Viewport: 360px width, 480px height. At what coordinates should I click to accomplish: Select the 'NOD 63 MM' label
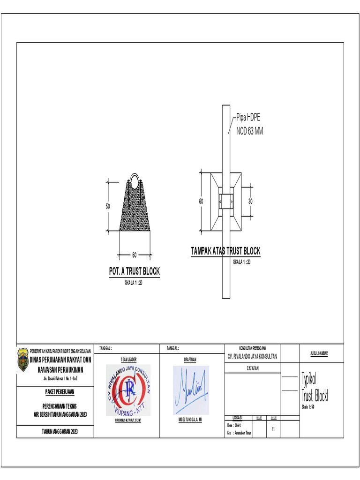coord(249,131)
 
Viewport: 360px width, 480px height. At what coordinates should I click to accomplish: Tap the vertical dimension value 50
coord(107,206)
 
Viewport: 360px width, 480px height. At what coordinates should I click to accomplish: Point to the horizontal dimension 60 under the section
coord(134,255)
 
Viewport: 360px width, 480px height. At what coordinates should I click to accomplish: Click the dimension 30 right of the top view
coord(250,201)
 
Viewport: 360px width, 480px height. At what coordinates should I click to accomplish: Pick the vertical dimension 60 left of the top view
coord(201,201)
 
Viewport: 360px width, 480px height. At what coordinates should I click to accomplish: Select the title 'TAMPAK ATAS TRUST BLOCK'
coord(225,251)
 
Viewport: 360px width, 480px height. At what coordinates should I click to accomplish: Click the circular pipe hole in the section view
coord(135,181)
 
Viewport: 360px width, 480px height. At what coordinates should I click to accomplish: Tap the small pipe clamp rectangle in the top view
coord(226,201)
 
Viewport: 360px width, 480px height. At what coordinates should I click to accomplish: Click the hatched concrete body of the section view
coord(135,211)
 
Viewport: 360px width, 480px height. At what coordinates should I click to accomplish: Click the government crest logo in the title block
coord(23,360)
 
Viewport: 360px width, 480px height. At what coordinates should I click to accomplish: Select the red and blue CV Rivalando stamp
coord(128,390)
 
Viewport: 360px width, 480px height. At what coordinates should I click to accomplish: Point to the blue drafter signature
coord(191,390)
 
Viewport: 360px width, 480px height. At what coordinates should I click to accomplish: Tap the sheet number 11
coord(272,429)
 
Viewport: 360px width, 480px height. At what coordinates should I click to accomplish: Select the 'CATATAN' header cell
coord(253,368)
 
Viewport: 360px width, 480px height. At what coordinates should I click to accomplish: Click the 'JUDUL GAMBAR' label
coord(319,353)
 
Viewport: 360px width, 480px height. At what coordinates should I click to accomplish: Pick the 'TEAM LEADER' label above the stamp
coord(128,360)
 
